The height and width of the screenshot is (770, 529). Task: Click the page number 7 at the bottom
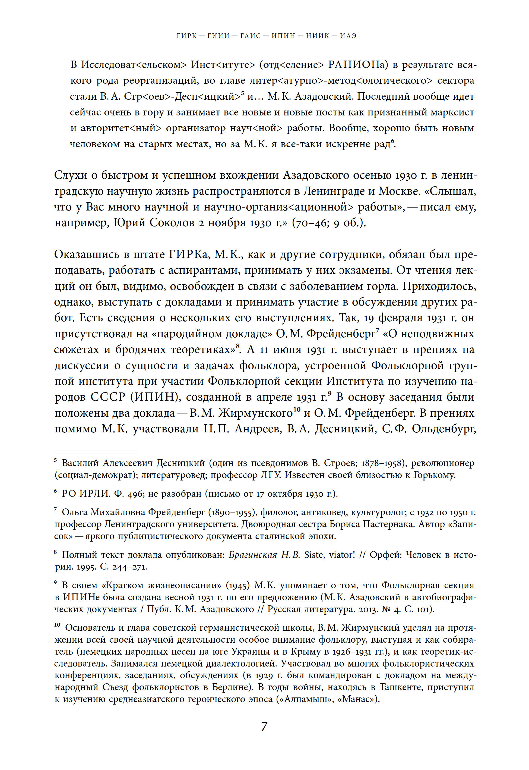click(x=264, y=727)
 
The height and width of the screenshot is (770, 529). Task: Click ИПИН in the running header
click(x=283, y=36)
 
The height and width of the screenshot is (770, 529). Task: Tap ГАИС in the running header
click(x=251, y=36)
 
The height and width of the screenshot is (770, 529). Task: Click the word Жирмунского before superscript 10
click(x=255, y=413)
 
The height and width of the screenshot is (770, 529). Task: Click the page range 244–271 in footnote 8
click(x=129, y=567)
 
